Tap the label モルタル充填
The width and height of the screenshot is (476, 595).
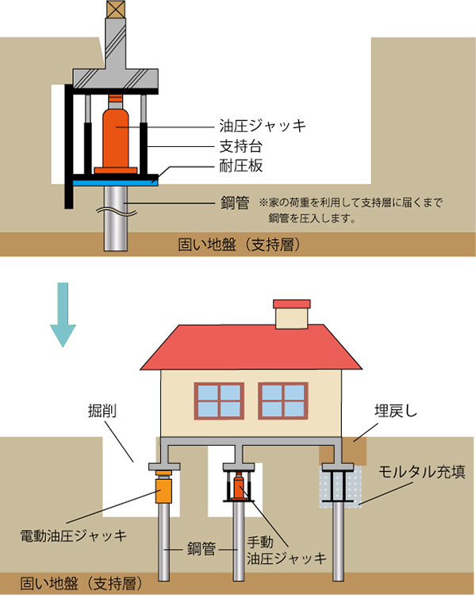[421, 472]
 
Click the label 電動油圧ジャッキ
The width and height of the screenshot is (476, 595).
[73, 535]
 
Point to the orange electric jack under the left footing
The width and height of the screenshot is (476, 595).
[164, 488]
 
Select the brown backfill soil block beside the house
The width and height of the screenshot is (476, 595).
[336, 453]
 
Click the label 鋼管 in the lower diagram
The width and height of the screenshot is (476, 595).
[202, 547]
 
